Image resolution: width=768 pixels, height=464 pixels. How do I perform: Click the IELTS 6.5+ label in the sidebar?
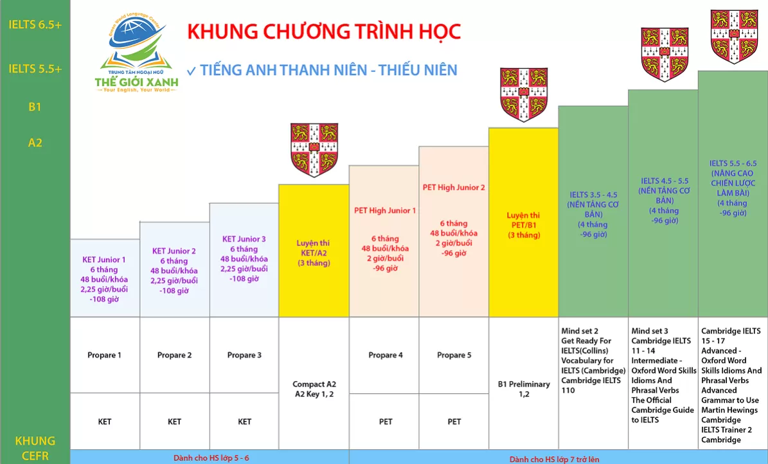35,24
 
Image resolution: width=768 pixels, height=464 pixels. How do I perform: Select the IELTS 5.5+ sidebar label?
35,69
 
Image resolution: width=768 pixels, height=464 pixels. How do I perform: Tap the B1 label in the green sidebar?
35,107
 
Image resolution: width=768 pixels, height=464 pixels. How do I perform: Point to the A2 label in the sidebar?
35,143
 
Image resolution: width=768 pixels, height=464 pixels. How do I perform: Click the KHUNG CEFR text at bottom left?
35,449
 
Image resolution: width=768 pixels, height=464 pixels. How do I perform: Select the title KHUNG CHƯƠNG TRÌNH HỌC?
325,32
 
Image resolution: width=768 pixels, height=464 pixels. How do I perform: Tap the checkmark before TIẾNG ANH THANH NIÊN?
192,71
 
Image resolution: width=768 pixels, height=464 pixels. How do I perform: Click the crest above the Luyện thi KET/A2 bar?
314,150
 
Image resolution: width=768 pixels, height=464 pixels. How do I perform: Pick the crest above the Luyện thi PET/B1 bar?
524,94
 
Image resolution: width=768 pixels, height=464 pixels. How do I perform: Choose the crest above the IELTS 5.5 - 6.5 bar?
734,36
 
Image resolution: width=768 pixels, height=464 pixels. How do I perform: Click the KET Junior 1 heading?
104,260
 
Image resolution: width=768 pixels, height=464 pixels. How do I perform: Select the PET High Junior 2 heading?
454,187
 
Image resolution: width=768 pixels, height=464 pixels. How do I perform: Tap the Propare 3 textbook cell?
244,355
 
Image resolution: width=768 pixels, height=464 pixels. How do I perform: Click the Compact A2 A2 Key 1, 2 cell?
314,389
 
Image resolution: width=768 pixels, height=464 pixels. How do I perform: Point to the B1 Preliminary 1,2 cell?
524,389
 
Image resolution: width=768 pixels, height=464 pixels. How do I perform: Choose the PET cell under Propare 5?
454,422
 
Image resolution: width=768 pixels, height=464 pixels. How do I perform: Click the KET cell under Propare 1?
105,422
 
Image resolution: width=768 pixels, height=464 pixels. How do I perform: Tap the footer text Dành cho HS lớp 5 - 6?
211,458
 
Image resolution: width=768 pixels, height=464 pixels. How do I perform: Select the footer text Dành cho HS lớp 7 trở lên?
555,459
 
